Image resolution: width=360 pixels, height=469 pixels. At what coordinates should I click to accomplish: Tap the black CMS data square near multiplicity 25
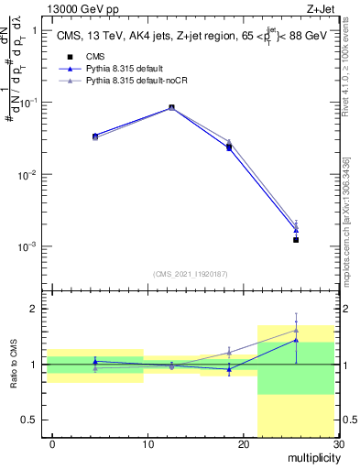(x=296, y=240)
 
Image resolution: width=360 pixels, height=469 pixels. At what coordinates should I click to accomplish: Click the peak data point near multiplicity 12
(x=172, y=107)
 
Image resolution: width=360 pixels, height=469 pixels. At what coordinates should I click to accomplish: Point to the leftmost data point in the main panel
(x=95, y=136)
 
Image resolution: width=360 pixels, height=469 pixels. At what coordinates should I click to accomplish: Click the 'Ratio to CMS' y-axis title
(x=14, y=364)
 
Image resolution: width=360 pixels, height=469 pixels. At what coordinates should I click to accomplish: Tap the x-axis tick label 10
(x=147, y=444)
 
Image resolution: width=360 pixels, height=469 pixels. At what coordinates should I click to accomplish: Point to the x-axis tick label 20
(x=243, y=444)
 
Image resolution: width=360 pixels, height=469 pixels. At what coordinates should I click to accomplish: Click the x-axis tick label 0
(x=52, y=444)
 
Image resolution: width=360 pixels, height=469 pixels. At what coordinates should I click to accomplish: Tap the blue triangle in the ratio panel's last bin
(x=296, y=340)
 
